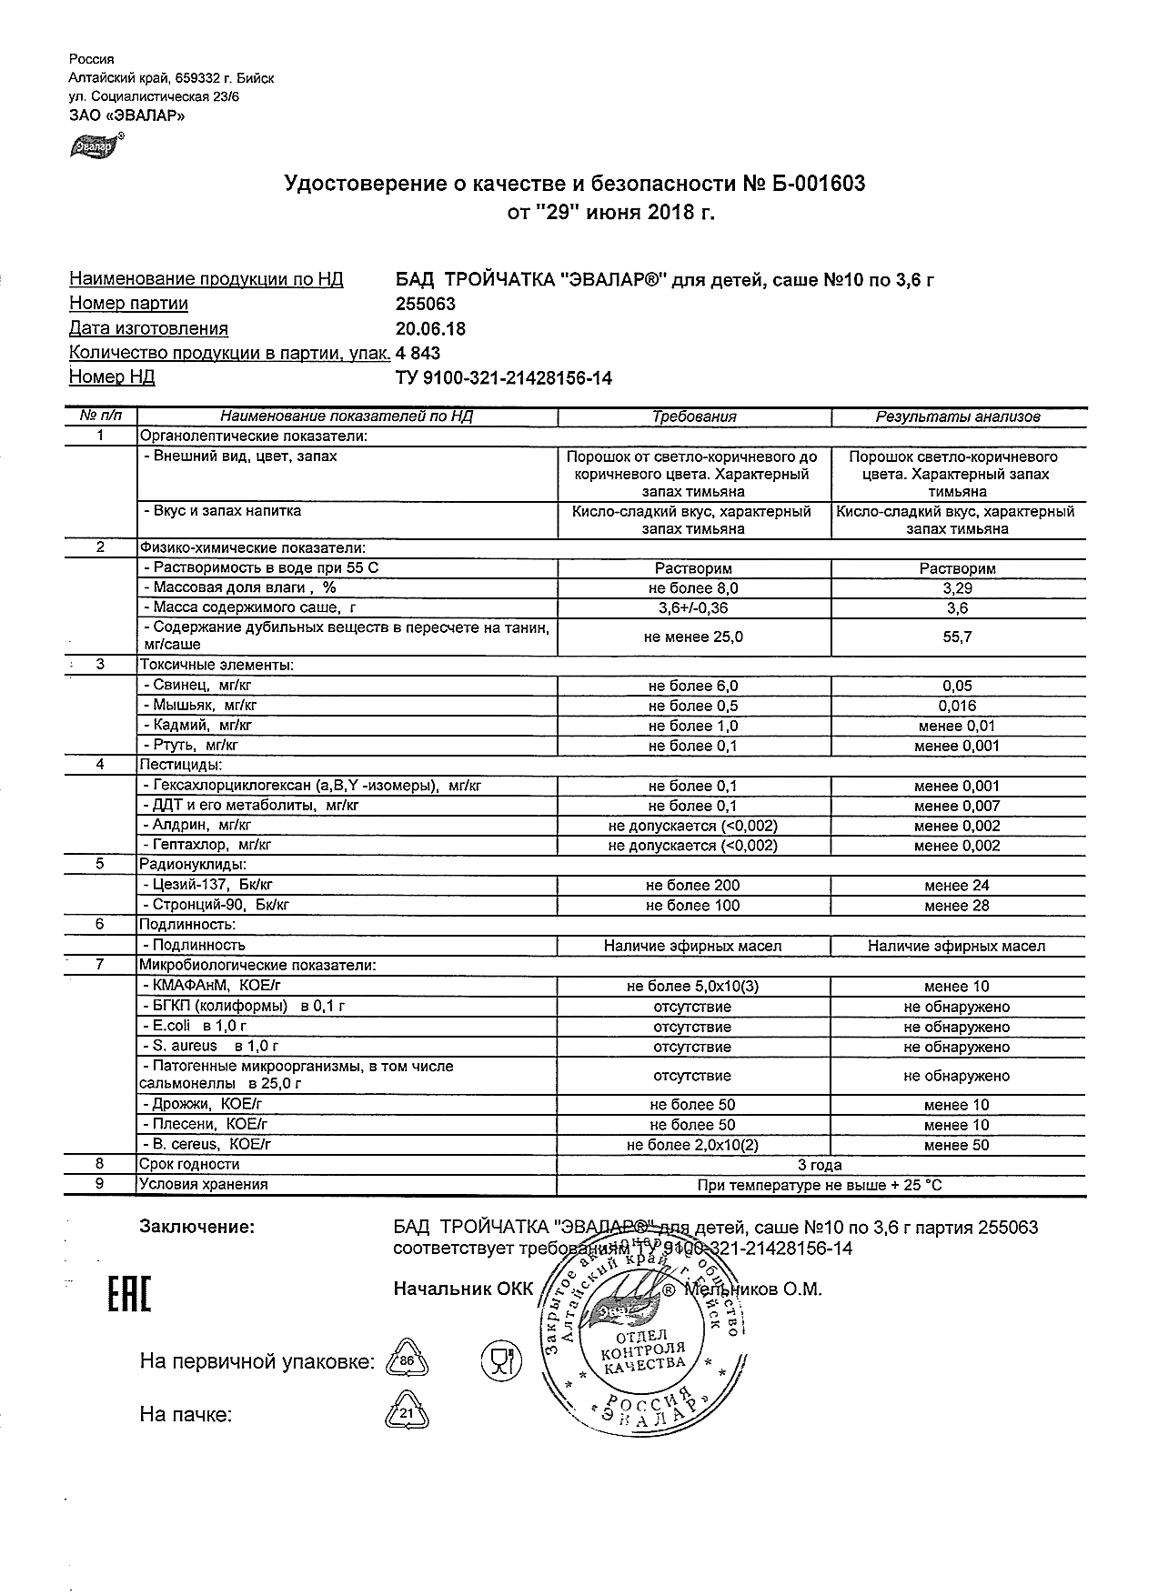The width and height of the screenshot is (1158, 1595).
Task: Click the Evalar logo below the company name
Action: (95, 145)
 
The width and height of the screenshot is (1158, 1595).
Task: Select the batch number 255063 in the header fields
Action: (427, 305)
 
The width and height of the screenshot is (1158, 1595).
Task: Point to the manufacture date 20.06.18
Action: (430, 329)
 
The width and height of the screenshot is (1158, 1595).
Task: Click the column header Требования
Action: (694, 417)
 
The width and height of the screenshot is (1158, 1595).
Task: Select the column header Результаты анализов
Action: (957, 417)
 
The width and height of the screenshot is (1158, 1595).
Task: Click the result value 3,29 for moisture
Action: (957, 588)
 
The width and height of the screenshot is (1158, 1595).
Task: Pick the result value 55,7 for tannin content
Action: (957, 637)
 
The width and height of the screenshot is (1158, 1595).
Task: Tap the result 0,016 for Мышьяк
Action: (957, 707)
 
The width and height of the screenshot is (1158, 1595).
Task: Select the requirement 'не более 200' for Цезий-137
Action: (693, 886)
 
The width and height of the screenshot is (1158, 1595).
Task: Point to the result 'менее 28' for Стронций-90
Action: (957, 906)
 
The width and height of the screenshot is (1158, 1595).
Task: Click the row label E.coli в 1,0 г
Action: (195, 1027)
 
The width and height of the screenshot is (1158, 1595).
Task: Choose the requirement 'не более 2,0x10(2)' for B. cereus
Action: (693, 1146)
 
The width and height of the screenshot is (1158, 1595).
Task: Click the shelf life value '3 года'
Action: (819, 1165)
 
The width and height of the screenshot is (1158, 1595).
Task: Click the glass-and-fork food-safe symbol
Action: (499, 1360)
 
